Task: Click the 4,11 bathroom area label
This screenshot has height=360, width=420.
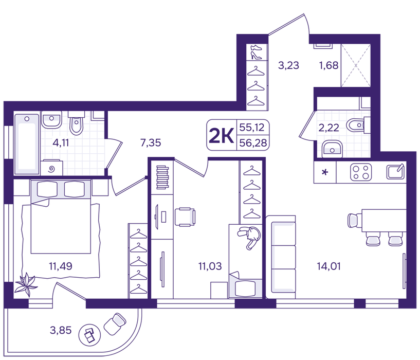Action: click(x=61, y=143)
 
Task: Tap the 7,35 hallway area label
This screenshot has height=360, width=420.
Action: click(x=151, y=142)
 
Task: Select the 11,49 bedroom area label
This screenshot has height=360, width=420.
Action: click(x=61, y=266)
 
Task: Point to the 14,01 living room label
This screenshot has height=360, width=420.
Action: click(x=328, y=266)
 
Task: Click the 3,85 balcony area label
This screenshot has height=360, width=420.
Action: click(x=61, y=330)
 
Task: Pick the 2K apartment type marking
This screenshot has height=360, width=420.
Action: click(x=221, y=135)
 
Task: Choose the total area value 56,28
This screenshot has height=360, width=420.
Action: click(x=253, y=143)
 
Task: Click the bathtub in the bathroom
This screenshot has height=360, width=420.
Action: click(x=27, y=144)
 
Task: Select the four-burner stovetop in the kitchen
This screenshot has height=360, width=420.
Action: click(x=361, y=172)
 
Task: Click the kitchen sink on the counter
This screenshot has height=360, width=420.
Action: click(x=395, y=172)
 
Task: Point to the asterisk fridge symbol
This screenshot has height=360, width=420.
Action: click(x=325, y=172)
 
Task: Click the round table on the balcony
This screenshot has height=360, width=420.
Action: click(x=89, y=334)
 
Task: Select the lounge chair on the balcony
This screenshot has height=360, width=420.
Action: click(x=115, y=324)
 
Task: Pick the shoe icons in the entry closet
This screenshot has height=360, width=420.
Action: click(x=256, y=52)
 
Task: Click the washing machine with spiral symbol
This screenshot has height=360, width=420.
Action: click(x=52, y=168)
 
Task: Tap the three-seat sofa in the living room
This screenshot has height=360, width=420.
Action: click(x=281, y=257)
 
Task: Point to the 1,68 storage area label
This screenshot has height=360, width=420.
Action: click(x=328, y=65)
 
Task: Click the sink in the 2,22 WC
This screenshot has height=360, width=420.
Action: click(x=332, y=149)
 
